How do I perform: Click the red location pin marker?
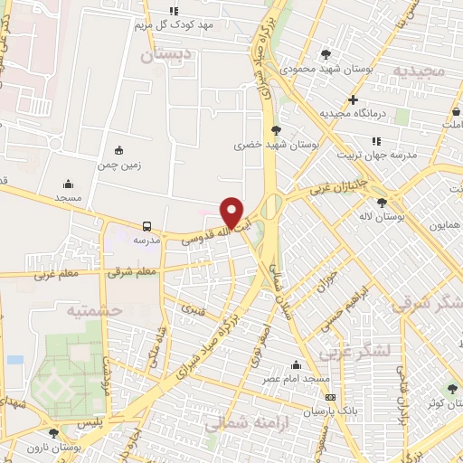coord(232,213)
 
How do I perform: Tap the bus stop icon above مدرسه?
coord(146,227)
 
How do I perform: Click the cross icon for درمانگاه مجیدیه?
coord(353,99)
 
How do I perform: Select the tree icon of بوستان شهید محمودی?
coord(326,54)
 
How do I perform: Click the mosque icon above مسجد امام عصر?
coord(296,364)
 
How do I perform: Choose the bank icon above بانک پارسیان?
coord(330,397)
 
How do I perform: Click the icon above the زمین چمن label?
coord(118,151)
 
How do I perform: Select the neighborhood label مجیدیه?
coord(415,70)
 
